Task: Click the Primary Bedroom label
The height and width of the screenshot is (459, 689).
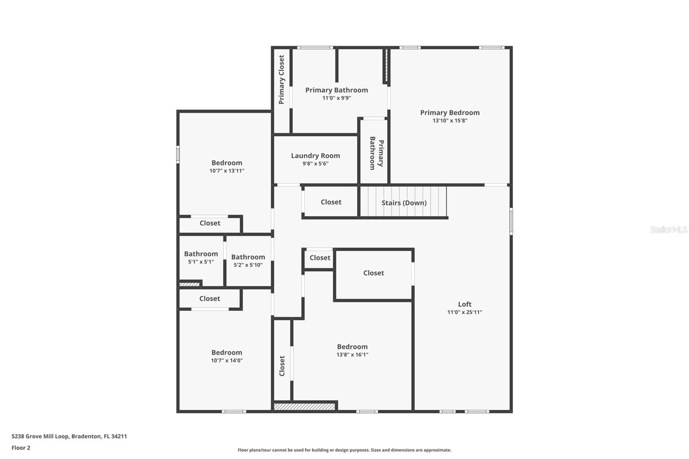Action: (x=450, y=113)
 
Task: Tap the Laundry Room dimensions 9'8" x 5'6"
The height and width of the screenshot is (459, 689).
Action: (x=315, y=164)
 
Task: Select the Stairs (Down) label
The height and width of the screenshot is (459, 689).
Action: (x=404, y=203)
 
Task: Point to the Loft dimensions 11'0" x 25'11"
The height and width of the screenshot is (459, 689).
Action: (x=464, y=312)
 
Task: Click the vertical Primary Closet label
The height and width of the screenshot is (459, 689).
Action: (x=282, y=79)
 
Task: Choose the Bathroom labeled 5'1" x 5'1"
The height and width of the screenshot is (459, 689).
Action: (x=201, y=254)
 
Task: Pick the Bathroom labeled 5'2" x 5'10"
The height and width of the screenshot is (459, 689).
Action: (x=248, y=257)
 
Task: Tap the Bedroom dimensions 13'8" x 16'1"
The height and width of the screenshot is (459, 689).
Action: (x=352, y=355)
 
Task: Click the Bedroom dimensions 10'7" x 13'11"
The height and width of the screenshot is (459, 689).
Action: (x=227, y=171)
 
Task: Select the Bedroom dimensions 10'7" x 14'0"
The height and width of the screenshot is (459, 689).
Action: (x=227, y=361)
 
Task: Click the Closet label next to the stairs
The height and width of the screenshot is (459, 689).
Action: (x=331, y=202)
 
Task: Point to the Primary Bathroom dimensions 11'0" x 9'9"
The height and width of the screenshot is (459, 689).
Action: (x=336, y=98)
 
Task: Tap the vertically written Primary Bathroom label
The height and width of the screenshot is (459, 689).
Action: (x=376, y=153)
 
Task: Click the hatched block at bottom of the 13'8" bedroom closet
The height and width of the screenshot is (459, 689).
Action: (x=304, y=406)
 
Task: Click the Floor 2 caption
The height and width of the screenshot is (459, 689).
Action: (x=21, y=448)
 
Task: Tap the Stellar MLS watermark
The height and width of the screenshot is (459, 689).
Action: (x=668, y=229)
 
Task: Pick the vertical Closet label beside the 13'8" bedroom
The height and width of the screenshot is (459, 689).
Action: (x=282, y=366)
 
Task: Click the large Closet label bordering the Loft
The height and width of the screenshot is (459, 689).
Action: (x=373, y=273)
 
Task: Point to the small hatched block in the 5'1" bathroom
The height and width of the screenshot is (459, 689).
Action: (x=189, y=284)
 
